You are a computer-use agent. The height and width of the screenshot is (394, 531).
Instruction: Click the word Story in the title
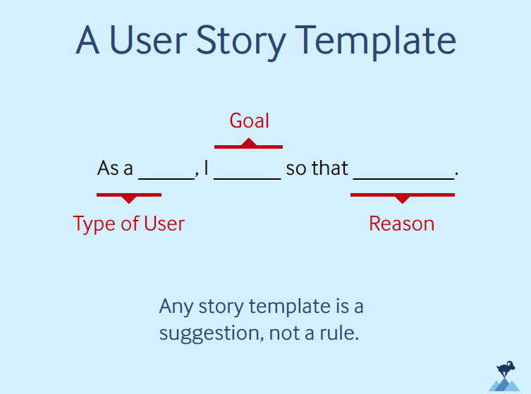241,41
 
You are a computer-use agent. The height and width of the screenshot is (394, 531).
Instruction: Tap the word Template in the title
377,41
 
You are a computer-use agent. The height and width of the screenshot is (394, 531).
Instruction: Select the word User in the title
147,41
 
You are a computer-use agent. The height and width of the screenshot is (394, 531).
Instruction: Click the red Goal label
249,121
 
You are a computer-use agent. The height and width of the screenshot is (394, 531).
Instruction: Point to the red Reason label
401,224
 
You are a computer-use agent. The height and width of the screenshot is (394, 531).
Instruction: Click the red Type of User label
129,224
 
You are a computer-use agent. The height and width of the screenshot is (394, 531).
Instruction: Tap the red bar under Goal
248,146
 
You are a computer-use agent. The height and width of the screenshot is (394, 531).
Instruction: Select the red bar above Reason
402,195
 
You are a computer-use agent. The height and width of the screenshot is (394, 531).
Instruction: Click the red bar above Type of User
129,195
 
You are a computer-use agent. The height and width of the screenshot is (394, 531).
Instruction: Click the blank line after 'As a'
166,178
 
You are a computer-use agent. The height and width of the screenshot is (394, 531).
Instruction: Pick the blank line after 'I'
247,178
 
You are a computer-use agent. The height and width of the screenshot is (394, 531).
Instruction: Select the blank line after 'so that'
403,178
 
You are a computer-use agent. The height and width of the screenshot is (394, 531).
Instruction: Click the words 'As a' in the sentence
115,169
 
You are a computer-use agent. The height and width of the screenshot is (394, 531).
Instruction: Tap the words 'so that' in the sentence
317,169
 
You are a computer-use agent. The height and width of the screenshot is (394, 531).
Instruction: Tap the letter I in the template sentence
206,169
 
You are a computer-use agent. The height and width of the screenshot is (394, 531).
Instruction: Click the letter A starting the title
88,41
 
